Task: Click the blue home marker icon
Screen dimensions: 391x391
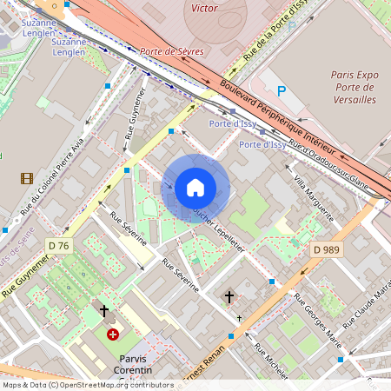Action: (x=195, y=188)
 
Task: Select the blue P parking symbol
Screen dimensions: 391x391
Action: (x=281, y=90)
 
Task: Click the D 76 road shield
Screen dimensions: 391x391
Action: (x=58, y=246)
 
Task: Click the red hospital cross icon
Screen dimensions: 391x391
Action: (x=112, y=334)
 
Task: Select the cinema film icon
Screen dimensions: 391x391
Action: (x=27, y=178)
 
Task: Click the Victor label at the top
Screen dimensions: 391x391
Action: (x=203, y=7)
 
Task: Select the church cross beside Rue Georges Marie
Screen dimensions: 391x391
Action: (x=229, y=297)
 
